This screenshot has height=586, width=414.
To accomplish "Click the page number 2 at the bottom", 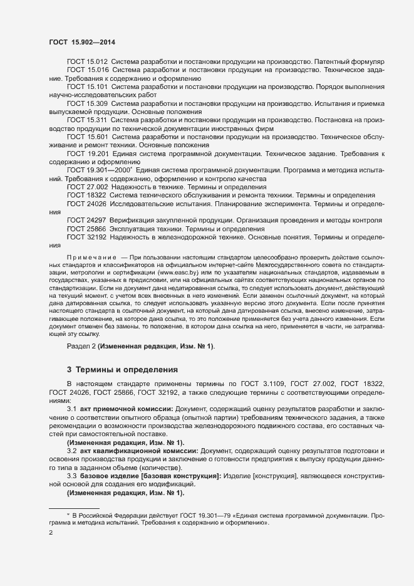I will point(51,533).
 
